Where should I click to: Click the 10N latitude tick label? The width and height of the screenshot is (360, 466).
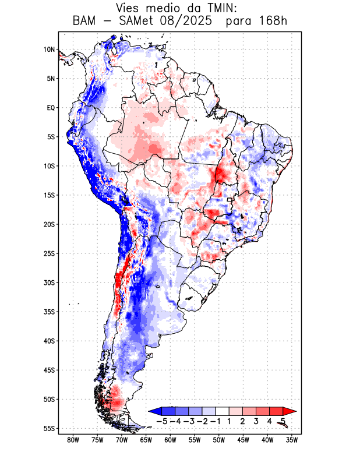50,50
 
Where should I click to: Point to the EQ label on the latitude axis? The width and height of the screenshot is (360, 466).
51,108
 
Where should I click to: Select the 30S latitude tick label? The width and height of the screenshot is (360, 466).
50,283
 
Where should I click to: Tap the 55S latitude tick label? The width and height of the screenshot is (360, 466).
50,428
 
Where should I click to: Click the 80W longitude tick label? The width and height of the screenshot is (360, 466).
73,440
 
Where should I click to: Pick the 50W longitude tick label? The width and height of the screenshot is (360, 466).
218,440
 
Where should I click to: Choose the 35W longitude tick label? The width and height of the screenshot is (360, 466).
291,440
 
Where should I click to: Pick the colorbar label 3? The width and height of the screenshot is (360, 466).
256,421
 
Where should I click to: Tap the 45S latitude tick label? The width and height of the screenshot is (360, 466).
50,370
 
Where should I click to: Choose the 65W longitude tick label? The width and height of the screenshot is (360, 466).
146,440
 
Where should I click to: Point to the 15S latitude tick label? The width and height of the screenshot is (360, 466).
50,195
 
